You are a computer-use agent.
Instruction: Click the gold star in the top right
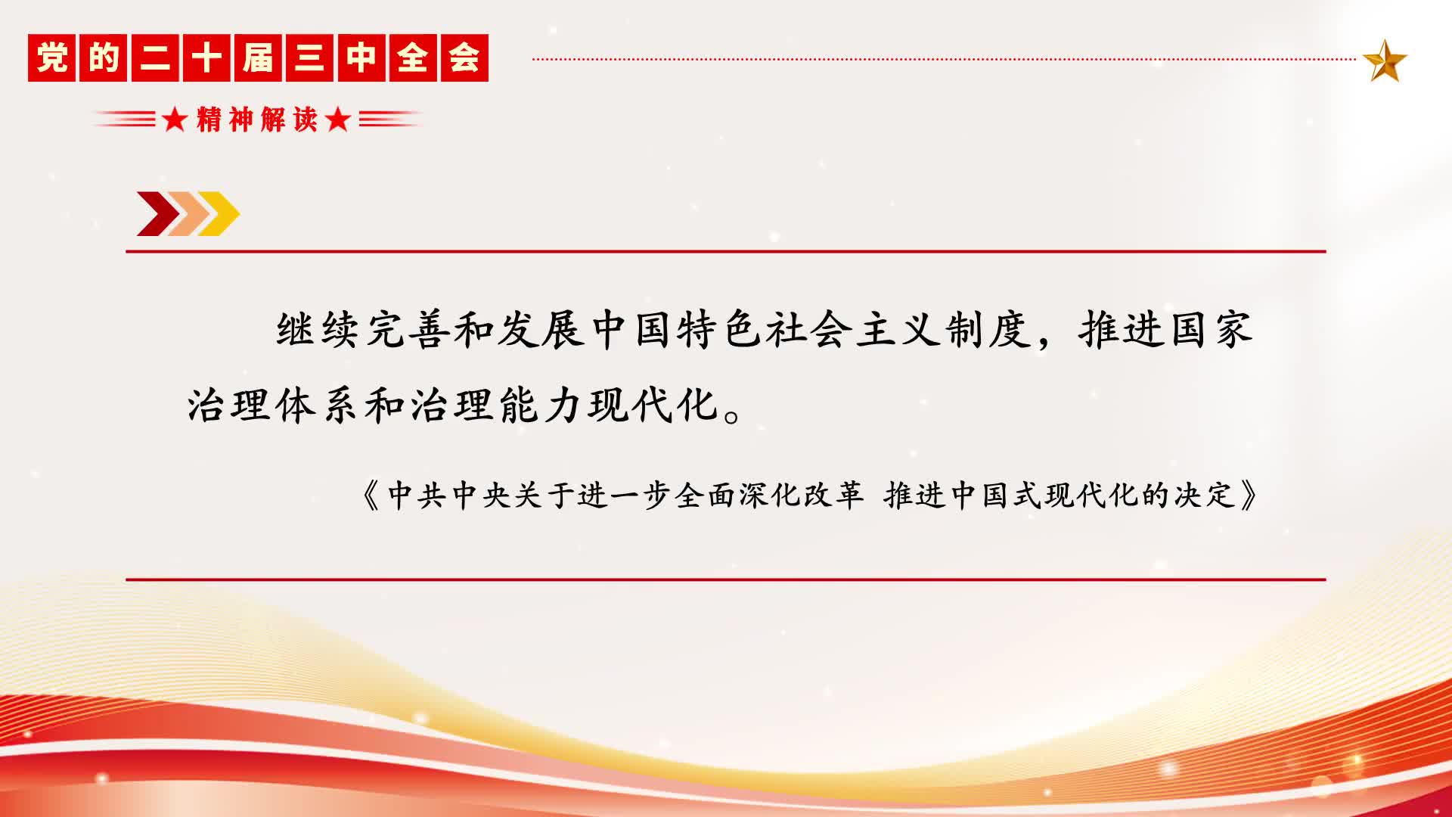pyautogui.click(x=1385, y=61)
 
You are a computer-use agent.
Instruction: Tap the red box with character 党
pyautogui.click(x=51, y=57)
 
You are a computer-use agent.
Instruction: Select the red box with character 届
pyautogui.click(x=258, y=57)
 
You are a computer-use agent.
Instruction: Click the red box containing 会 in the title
pyautogui.click(x=464, y=57)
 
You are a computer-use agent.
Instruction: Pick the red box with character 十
pyautogui.click(x=206, y=57)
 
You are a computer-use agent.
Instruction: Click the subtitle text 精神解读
pyautogui.click(x=256, y=120)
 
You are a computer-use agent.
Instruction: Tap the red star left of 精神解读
pyautogui.click(x=175, y=120)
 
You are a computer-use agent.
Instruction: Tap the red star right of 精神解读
pyautogui.click(x=338, y=120)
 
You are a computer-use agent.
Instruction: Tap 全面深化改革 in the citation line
pyautogui.click(x=769, y=496)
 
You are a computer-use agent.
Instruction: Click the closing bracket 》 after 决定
pyautogui.click(x=1249, y=496)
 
